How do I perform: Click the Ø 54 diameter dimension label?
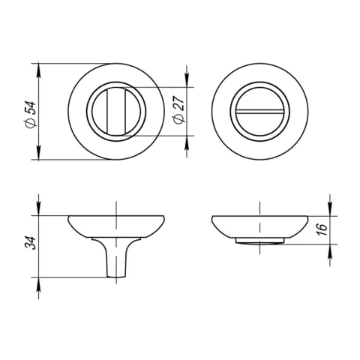click(x=31, y=115)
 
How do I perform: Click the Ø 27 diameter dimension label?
click(x=178, y=109)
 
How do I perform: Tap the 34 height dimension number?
click(x=31, y=242)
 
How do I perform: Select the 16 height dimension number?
click(x=322, y=229)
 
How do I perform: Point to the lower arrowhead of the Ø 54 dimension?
click(x=38, y=152)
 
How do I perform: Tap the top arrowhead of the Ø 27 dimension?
click(x=187, y=79)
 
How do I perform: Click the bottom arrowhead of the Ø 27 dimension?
click(x=187, y=143)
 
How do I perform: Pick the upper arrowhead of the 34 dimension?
click(x=38, y=208)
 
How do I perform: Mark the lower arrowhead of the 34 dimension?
click(x=38, y=285)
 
